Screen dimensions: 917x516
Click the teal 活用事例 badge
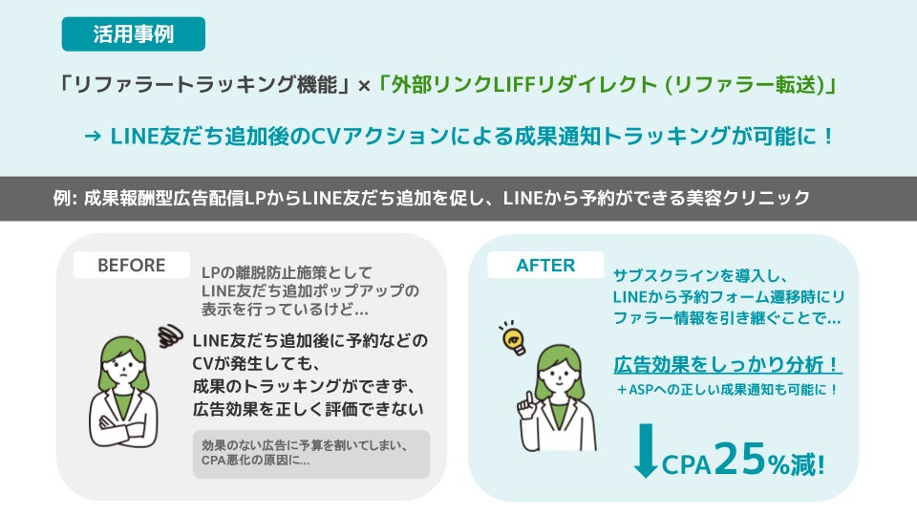pos(133,33)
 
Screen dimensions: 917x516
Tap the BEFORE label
pos(131,265)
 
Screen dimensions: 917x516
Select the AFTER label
pos(544,265)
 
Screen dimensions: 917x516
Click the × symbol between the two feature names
pos(363,85)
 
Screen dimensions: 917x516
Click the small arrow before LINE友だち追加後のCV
pos(93,137)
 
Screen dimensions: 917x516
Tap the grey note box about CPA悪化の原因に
pos(310,453)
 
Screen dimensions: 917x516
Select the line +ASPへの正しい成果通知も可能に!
pos(726,390)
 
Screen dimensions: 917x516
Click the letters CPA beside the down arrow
pos(687,465)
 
